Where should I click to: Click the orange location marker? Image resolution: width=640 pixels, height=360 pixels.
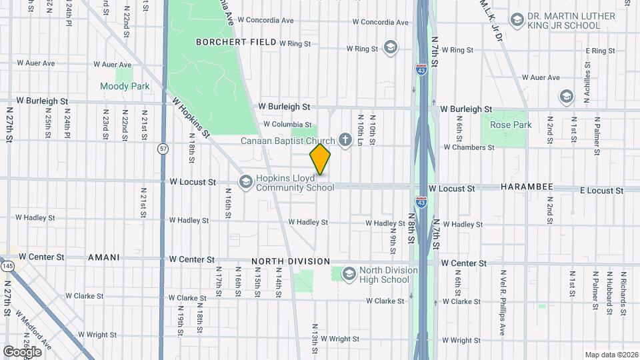(321, 159)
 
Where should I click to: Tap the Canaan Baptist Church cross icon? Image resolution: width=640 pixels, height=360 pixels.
(345, 140)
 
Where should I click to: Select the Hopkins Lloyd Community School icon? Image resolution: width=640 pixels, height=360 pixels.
(246, 181)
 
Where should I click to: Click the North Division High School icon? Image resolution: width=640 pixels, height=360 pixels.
(349, 273)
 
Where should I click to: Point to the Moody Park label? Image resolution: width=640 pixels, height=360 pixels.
(125, 86)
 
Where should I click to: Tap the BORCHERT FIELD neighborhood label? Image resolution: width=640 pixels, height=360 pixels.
(235, 42)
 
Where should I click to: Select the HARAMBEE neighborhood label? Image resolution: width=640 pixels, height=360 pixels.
(527, 187)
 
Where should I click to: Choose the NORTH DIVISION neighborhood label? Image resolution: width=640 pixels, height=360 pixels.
(291, 261)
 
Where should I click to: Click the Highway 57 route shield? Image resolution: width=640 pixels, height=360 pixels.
(163, 149)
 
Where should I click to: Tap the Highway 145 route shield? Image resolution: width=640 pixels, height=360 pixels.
(8, 266)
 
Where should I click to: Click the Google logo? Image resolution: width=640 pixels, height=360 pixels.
(23, 351)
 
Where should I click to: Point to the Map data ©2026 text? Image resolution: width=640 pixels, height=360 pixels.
(610, 355)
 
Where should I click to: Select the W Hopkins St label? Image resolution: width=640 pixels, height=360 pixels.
(191, 119)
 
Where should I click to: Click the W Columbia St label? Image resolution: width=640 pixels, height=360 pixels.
(287, 124)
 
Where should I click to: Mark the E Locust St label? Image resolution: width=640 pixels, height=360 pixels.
(601, 191)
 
